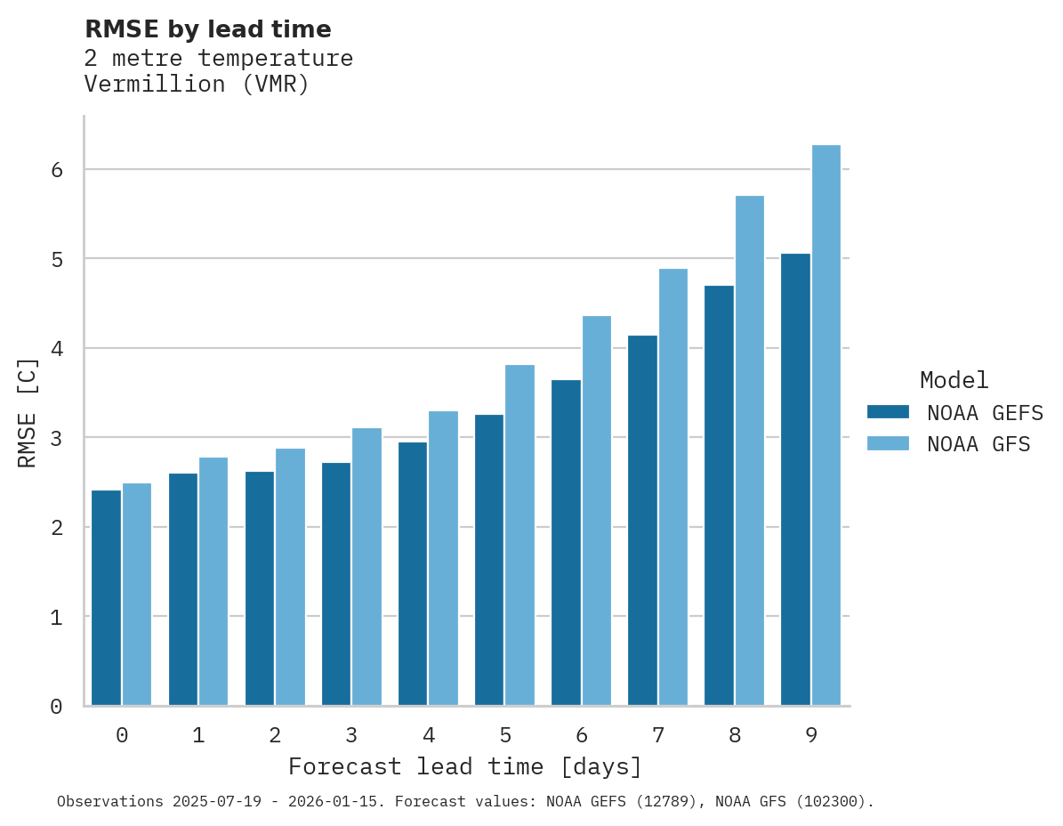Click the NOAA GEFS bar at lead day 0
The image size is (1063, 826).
[106, 597]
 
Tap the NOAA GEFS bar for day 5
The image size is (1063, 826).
[489, 560]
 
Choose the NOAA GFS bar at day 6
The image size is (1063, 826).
[596, 511]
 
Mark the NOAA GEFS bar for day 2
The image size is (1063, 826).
[260, 588]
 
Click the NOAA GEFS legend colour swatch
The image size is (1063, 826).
[888, 412]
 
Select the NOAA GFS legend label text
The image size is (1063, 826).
[978, 444]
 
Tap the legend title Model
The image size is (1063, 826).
[954, 381]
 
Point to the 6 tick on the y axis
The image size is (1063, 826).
[56, 169]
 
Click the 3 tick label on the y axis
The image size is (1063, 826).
[56, 438]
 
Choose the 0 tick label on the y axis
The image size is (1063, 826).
[56, 707]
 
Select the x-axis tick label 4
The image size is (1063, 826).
[429, 735]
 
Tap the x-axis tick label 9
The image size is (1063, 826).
[811, 735]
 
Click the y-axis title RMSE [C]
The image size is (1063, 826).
[28, 412]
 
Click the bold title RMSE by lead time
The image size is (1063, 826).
[208, 29]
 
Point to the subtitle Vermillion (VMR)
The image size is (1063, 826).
[197, 85]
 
